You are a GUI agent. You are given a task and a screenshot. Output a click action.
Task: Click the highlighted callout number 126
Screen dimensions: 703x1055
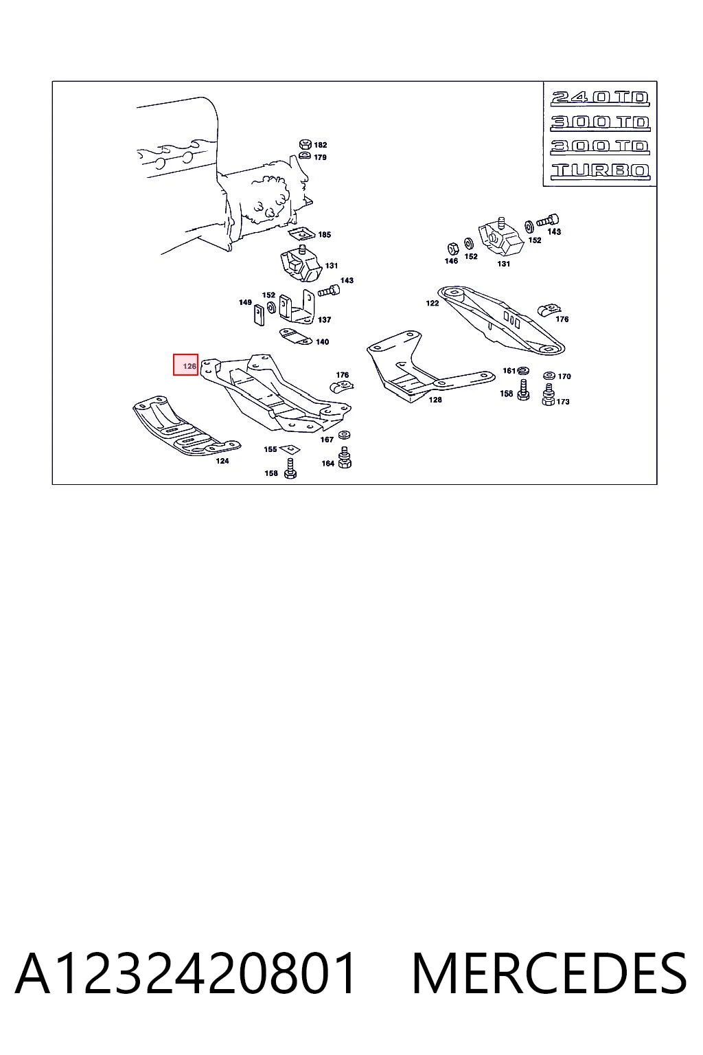[189, 366]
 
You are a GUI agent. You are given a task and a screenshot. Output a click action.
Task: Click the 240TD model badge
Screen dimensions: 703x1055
[600, 98]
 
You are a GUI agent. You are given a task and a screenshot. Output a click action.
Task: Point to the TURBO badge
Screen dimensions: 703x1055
[600, 170]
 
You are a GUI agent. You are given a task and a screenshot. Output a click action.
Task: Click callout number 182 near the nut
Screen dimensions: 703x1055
[320, 145]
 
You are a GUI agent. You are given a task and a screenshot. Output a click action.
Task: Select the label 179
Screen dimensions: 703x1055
[320, 157]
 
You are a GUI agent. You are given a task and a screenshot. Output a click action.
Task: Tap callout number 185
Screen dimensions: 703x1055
[325, 234]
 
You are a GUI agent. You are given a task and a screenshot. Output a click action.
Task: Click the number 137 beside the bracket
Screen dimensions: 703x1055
[325, 320]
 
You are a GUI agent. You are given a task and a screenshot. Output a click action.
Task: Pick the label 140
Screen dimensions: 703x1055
[322, 342]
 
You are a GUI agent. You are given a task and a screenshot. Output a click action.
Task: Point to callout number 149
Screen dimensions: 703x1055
[245, 302]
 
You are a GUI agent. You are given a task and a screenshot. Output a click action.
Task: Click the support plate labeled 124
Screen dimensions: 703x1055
[187, 427]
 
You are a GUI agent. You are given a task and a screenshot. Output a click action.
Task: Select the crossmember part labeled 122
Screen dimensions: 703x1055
[501, 320]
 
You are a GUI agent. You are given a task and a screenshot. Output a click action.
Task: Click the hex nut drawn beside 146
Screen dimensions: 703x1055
[452, 248]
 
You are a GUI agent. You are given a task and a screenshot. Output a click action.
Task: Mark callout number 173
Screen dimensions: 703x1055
[563, 402]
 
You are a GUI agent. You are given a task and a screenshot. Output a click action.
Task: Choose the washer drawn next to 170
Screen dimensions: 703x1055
[549, 376]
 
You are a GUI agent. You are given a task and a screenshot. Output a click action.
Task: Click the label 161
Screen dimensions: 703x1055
[509, 371]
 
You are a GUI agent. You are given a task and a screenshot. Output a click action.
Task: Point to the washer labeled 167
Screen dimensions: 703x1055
[344, 434]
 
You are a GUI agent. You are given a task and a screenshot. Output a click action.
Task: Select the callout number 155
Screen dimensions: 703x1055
[270, 449]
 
